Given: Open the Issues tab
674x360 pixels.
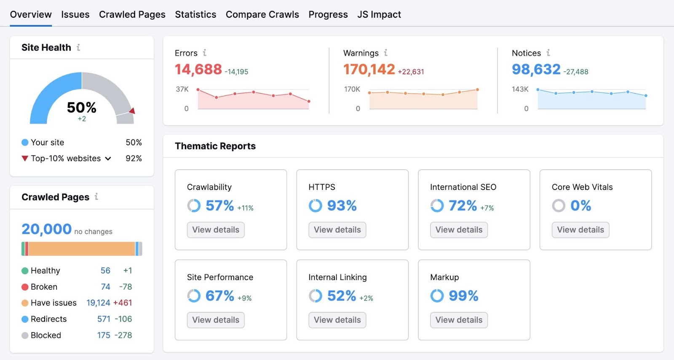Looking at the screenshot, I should [x=75, y=15].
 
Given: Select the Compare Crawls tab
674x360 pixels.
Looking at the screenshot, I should [x=262, y=15].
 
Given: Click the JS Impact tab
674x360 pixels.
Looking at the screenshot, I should [x=379, y=15].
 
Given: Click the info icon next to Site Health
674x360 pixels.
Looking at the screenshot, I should [x=78, y=48].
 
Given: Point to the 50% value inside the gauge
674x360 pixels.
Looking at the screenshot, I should [x=81, y=108].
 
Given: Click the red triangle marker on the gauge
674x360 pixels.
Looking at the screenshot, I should [x=132, y=111].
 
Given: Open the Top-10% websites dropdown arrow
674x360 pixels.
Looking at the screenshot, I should [x=108, y=159].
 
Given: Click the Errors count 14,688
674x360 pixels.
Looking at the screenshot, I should [x=198, y=69].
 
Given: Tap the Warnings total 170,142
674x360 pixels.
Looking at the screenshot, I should [x=369, y=69].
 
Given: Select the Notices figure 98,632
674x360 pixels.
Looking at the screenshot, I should [x=536, y=69].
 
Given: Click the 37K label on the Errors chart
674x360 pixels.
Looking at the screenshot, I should [x=182, y=89].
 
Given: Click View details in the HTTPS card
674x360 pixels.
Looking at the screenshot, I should [x=337, y=230].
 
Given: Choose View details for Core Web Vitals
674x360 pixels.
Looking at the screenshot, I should [x=580, y=230].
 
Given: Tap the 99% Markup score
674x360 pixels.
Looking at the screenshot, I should [x=463, y=296].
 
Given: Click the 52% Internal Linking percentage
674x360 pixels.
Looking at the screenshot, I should [x=341, y=296].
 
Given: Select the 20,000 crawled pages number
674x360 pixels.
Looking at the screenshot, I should [x=46, y=229].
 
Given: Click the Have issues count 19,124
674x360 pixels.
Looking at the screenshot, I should [x=98, y=303].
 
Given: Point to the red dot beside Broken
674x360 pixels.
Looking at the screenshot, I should [x=25, y=287].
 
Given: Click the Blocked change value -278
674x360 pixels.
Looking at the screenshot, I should [x=123, y=336].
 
